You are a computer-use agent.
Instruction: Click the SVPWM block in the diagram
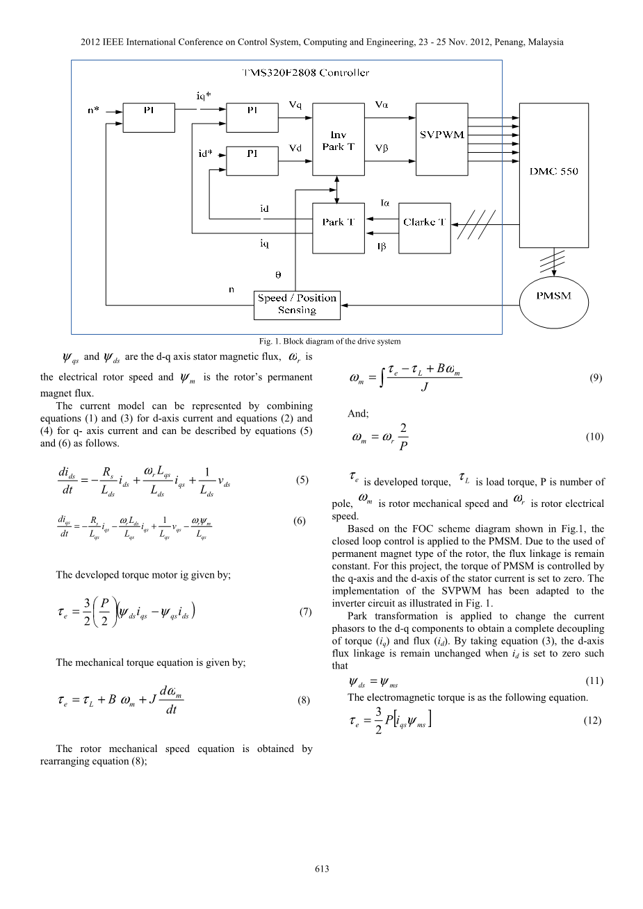click(442, 134)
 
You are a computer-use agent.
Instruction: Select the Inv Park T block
click(338, 140)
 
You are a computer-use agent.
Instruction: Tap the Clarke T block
click(424, 222)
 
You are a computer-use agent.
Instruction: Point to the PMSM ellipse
click(554, 297)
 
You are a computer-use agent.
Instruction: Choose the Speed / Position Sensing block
click(297, 304)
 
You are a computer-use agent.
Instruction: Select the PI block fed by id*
click(252, 158)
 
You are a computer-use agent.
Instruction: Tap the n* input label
click(92, 110)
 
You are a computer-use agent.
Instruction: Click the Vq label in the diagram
click(295, 105)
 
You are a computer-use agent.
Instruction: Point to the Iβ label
click(382, 247)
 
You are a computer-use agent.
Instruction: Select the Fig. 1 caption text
click(329, 341)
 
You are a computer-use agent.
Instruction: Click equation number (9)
click(596, 378)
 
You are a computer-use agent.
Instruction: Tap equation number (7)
click(304, 612)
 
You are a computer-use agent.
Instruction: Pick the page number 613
click(321, 869)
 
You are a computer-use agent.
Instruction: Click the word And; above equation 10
click(358, 414)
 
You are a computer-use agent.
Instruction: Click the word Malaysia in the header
click(544, 42)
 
